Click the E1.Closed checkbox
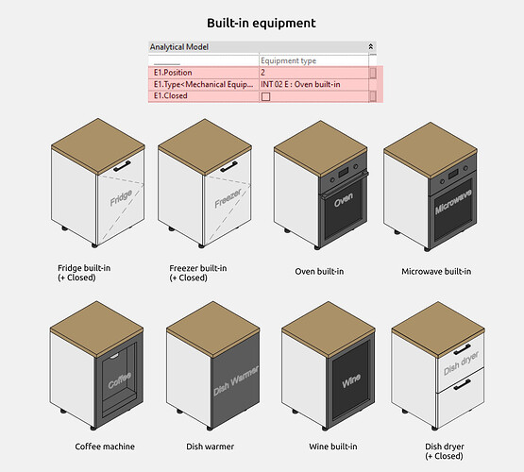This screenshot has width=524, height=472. (265, 96)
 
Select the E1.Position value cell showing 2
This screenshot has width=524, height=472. (313, 73)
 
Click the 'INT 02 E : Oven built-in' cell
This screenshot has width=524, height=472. (313, 84)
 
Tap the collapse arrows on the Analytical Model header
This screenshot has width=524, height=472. (371, 47)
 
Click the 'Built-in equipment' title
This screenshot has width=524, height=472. (262, 23)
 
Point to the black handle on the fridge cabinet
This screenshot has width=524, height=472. (122, 166)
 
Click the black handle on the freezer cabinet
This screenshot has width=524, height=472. (228, 167)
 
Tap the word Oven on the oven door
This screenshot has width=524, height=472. (344, 199)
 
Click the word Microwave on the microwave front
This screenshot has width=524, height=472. (453, 201)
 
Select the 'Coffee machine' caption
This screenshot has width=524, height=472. (105, 447)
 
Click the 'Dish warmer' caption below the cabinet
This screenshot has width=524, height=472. (210, 447)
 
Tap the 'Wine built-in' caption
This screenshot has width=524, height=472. (333, 447)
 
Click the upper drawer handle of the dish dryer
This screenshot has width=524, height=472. (463, 349)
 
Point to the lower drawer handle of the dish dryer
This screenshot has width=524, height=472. (463, 384)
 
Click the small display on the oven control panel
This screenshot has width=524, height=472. (344, 173)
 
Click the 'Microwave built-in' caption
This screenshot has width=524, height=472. (436, 272)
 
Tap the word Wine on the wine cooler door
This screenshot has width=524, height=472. (351, 380)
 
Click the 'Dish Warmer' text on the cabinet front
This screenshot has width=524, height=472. (236, 380)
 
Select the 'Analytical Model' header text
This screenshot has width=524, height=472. (179, 47)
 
